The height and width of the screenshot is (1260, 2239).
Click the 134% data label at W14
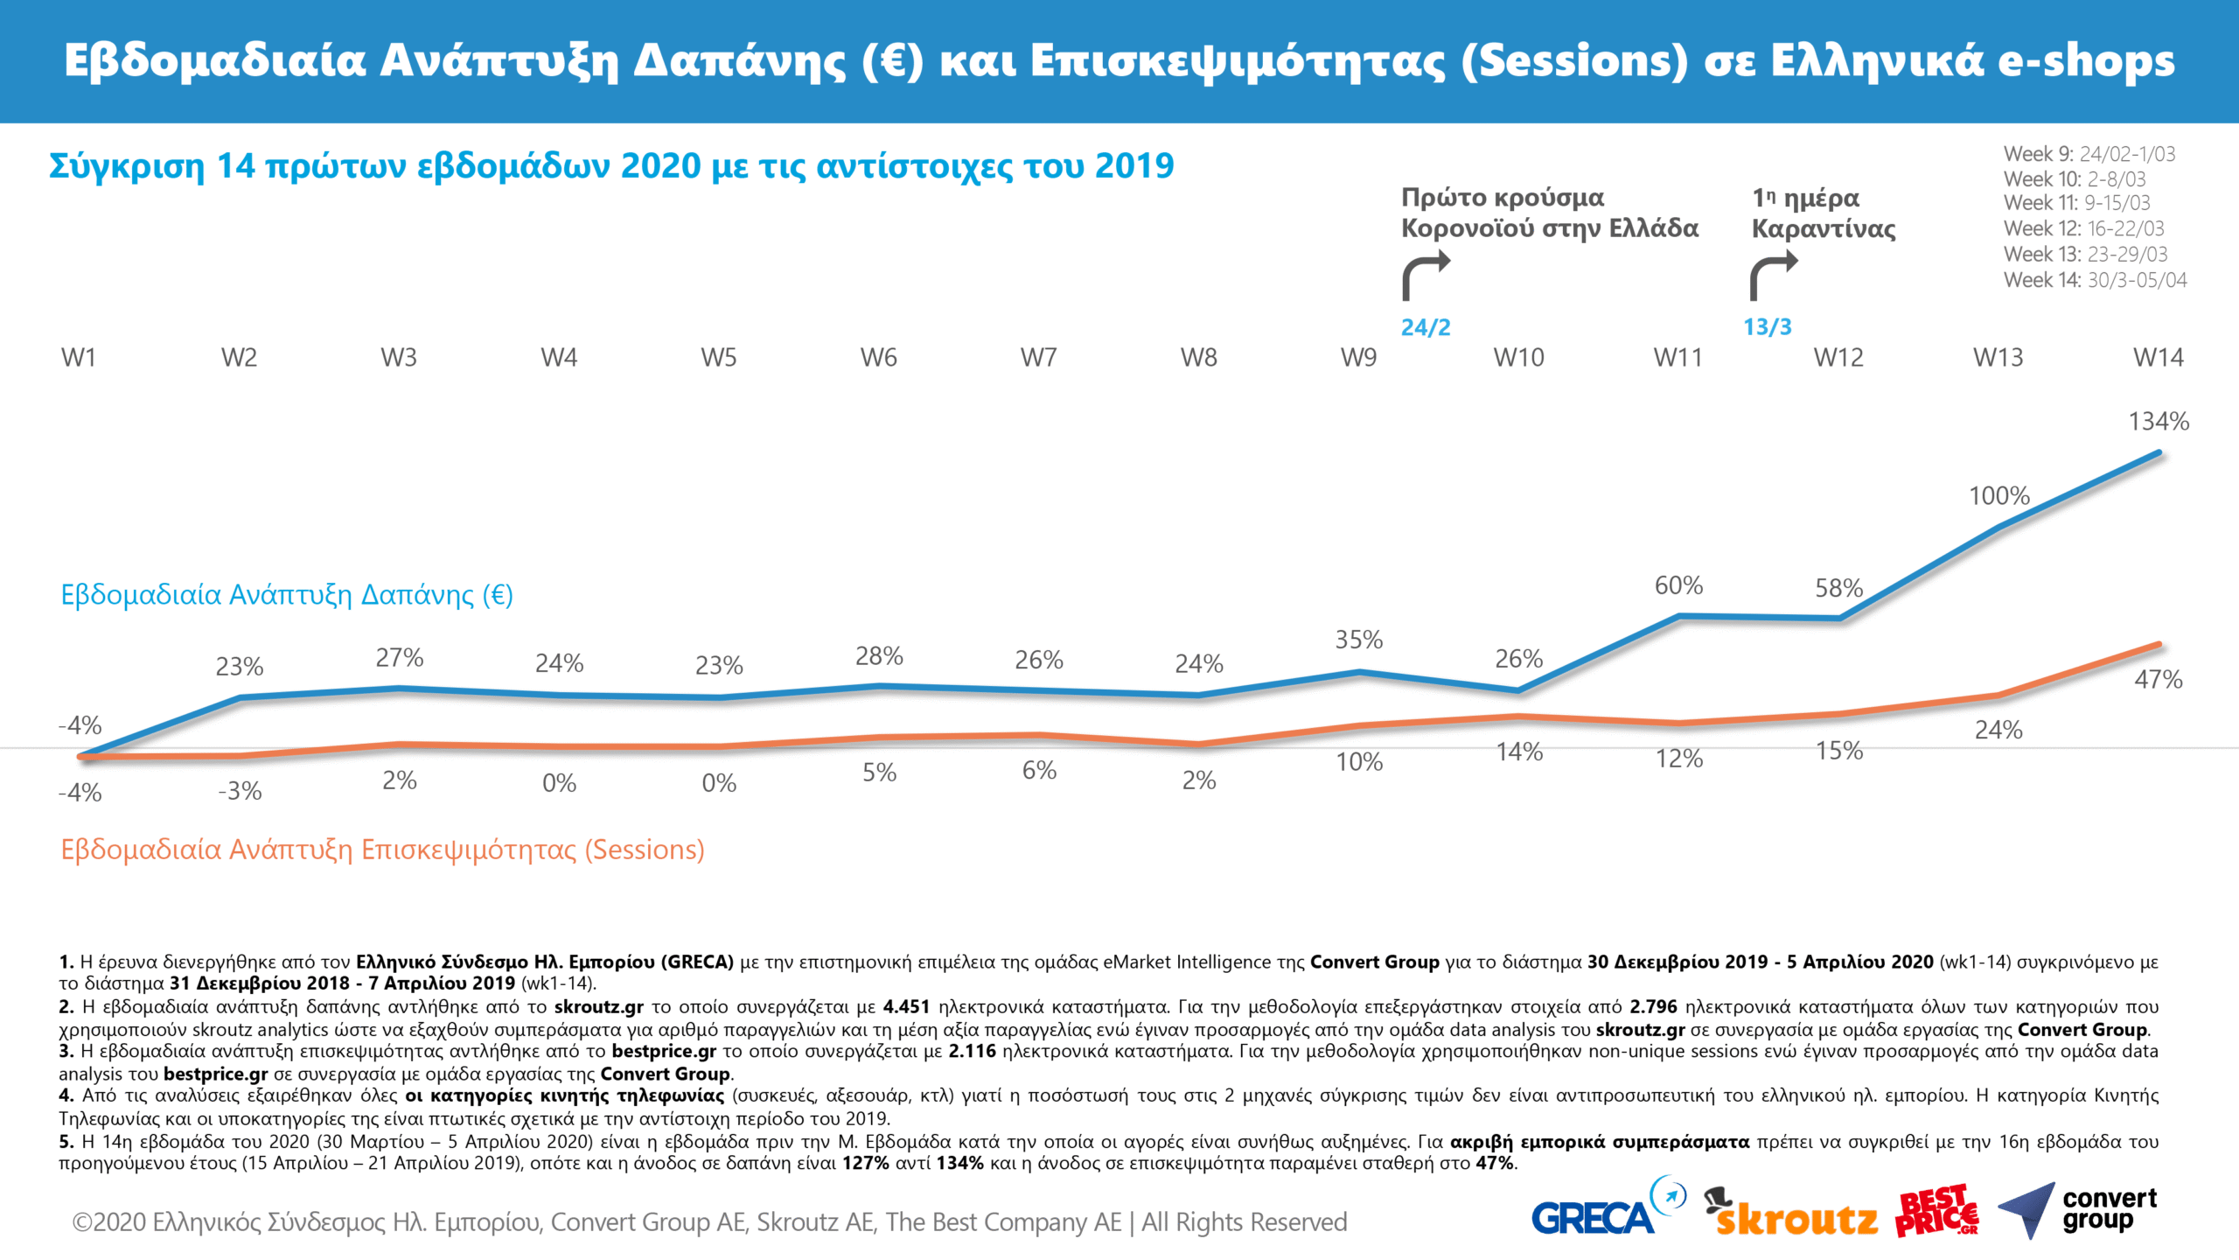click(2158, 422)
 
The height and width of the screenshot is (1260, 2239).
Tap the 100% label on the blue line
click(1998, 496)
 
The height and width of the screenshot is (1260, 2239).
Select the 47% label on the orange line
click(2158, 680)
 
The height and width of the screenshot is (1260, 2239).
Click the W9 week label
click(1358, 358)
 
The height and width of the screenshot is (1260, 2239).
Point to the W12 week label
click(1838, 358)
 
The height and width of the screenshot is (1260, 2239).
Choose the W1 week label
click(79, 358)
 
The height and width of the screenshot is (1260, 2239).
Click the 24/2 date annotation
click(1425, 327)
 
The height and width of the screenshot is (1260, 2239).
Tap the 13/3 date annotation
click(1767, 327)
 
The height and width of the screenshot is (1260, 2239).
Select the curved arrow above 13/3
click(1773, 275)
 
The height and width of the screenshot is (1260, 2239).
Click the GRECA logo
click(1606, 1211)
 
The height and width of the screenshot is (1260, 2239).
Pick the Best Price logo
click(1936, 1212)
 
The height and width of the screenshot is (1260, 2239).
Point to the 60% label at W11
click(1678, 586)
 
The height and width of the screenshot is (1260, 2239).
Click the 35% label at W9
click(1358, 640)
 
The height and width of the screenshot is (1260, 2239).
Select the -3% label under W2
click(240, 792)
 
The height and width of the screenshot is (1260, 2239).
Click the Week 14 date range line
click(2095, 280)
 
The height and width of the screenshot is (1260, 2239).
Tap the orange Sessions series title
click(382, 850)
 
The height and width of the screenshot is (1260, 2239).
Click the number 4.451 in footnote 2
click(906, 1007)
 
